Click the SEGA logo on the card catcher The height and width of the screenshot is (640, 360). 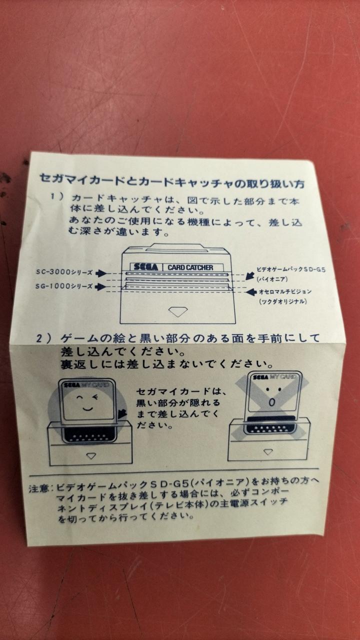pos(145,267)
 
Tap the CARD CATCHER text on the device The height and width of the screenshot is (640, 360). pos(190,267)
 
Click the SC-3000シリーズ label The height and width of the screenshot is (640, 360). pos(64,272)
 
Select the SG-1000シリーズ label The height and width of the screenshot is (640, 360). pos(64,286)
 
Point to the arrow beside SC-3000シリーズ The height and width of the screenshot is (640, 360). pos(100,273)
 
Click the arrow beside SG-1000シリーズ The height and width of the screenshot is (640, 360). pos(100,287)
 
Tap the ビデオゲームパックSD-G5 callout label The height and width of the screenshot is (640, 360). pos(290,269)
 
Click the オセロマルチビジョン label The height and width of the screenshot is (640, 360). pos(285,291)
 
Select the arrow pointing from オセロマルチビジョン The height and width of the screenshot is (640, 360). pos(251,292)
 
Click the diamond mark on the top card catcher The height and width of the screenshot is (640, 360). pos(177,311)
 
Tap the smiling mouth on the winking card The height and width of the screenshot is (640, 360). pos(87,408)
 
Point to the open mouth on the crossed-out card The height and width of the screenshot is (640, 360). pos(272,402)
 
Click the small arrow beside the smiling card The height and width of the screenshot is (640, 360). pos(122,413)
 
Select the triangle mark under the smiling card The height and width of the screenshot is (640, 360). pos(91,456)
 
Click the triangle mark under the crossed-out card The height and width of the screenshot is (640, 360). pos(268,451)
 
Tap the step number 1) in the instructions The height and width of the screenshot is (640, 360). pos(56,196)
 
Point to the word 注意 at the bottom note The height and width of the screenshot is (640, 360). pos(38,488)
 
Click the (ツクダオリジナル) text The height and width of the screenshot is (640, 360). pos(283,301)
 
